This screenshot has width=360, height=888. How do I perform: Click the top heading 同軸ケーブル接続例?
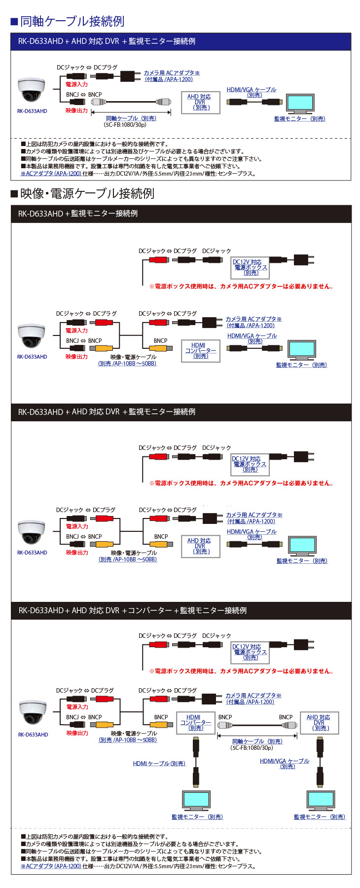coord(72,21)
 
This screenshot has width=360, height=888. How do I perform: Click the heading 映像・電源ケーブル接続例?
coord(87,193)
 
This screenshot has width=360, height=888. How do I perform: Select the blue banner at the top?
coord(180,41)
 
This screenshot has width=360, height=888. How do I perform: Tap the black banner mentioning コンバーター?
coord(180,610)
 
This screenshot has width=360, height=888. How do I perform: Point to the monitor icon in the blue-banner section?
coord(300,104)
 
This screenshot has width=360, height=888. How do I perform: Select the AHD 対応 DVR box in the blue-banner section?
coord(200,102)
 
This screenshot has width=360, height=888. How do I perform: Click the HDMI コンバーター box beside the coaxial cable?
coord(195,723)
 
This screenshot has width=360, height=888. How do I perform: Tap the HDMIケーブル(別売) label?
coord(159,763)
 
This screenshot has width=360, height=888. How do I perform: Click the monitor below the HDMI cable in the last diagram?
coord(196,800)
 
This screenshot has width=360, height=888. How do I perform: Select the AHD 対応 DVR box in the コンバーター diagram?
coord(319,723)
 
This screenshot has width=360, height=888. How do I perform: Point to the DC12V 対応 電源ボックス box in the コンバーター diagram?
coord(250,652)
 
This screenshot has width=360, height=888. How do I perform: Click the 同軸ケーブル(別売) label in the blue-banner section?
coord(131,118)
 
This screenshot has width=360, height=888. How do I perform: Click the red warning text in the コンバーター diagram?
coord(241,671)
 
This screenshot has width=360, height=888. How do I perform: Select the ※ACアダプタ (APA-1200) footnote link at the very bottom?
coord(51,866)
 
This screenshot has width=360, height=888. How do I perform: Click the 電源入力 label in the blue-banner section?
coord(76,84)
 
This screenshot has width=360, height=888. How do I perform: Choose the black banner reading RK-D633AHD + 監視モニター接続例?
coord(180,214)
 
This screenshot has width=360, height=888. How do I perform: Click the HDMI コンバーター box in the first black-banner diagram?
coord(200,350)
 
